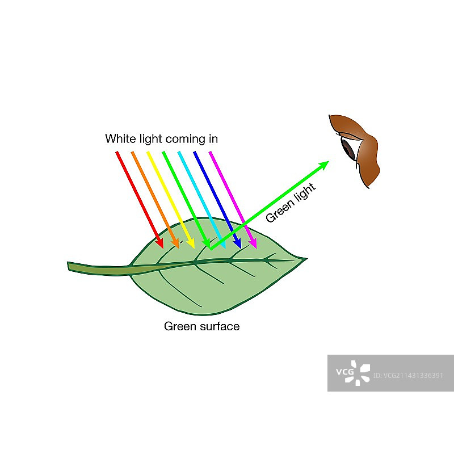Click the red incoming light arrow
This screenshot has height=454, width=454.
coord(139,199)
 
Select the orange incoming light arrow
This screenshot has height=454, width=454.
coord(154,199)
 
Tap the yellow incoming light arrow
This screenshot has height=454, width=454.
coord(170,199)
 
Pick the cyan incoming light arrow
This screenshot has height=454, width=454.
coord(201,199)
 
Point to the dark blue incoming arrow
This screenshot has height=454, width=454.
coord(217,199)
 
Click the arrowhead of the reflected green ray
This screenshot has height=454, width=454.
coord(324,165)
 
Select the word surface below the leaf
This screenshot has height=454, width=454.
coord(219,326)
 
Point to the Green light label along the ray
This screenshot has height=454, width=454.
coord(291,202)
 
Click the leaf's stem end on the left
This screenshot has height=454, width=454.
coord(70,266)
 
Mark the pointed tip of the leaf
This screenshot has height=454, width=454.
coord(305,259)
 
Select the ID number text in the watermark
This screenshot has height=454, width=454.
coord(413,375)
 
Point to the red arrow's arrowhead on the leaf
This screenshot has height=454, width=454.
coord(161,244)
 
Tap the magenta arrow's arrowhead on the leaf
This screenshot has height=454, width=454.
coord(254,244)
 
